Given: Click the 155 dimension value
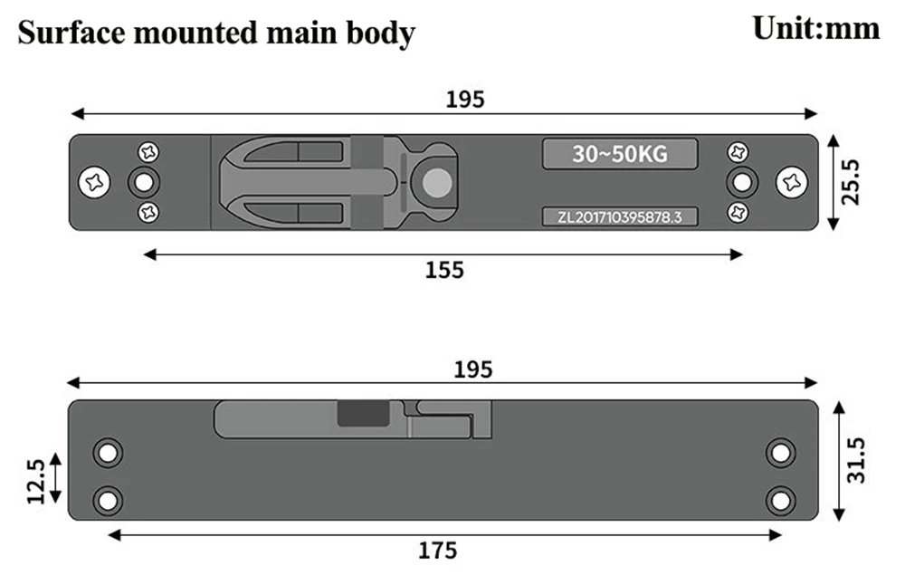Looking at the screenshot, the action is tap(444, 270).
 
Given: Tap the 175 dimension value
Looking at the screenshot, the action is tap(437, 551).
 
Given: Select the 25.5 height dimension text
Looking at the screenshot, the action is tap(851, 183).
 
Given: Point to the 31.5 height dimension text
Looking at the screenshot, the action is tap(856, 460).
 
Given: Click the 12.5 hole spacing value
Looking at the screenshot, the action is tap(36, 482).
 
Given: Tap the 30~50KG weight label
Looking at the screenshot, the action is tap(620, 154).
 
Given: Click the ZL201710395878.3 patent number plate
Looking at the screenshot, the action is tap(620, 216).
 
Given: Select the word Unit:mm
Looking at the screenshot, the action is tap(816, 28).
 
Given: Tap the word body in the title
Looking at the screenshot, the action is tap(380, 34).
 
